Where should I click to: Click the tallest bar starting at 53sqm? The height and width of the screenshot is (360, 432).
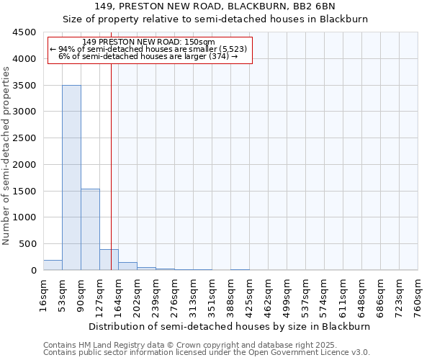71,178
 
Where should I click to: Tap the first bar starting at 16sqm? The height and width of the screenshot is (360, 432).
53,265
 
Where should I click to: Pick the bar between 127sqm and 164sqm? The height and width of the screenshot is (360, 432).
109,260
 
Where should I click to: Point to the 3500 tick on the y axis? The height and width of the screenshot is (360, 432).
27,85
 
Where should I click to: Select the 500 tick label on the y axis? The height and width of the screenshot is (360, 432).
30,244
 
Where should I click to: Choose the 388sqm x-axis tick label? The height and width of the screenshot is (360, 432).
230,294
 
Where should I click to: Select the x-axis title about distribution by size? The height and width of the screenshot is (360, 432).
230,326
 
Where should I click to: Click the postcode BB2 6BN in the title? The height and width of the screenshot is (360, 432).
328,7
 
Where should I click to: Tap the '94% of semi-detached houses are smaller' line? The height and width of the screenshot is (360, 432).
149,49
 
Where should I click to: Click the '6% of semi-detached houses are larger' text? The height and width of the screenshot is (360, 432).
148,56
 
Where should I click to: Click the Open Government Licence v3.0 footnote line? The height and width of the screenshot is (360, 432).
207,353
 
